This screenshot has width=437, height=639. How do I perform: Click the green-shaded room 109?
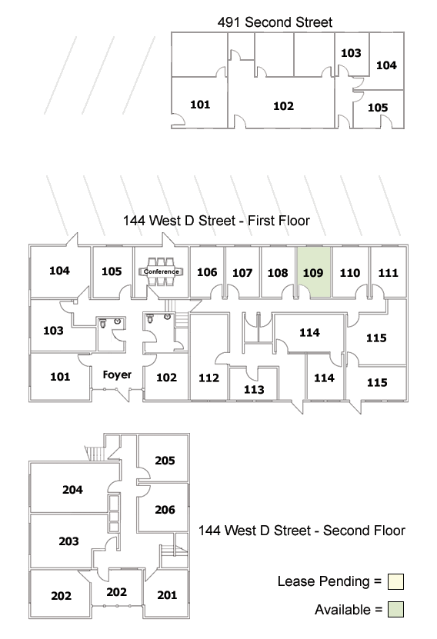tap(313, 271)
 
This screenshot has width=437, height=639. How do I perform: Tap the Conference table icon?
tap(161, 271)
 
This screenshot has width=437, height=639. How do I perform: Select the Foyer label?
tap(117, 374)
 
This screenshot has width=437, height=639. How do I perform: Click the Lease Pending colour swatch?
tap(395, 581)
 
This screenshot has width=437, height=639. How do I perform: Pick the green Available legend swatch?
tap(395, 610)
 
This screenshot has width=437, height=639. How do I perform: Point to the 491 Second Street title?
tap(275, 22)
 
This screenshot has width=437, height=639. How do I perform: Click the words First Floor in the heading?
tap(279, 221)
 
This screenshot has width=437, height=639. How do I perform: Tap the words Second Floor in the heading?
tap(364, 531)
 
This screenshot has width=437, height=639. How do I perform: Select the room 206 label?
tap(165, 509)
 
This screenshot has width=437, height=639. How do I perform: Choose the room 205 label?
tap(165, 461)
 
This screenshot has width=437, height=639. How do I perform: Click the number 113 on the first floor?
tap(254, 390)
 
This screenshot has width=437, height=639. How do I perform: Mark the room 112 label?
tap(208, 378)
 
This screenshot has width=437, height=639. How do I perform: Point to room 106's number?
tap(207, 271)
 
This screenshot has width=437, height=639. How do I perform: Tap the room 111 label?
tap(388, 273)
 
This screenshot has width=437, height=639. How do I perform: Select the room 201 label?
tap(167, 595)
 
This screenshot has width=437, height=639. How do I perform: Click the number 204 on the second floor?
tap(72, 489)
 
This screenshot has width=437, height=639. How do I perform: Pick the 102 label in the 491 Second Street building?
tap(283, 106)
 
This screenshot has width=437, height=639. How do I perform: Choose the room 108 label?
tap(278, 273)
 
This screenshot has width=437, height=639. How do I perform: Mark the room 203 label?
tap(68, 541)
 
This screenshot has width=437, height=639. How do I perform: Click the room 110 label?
tap(350, 273)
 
